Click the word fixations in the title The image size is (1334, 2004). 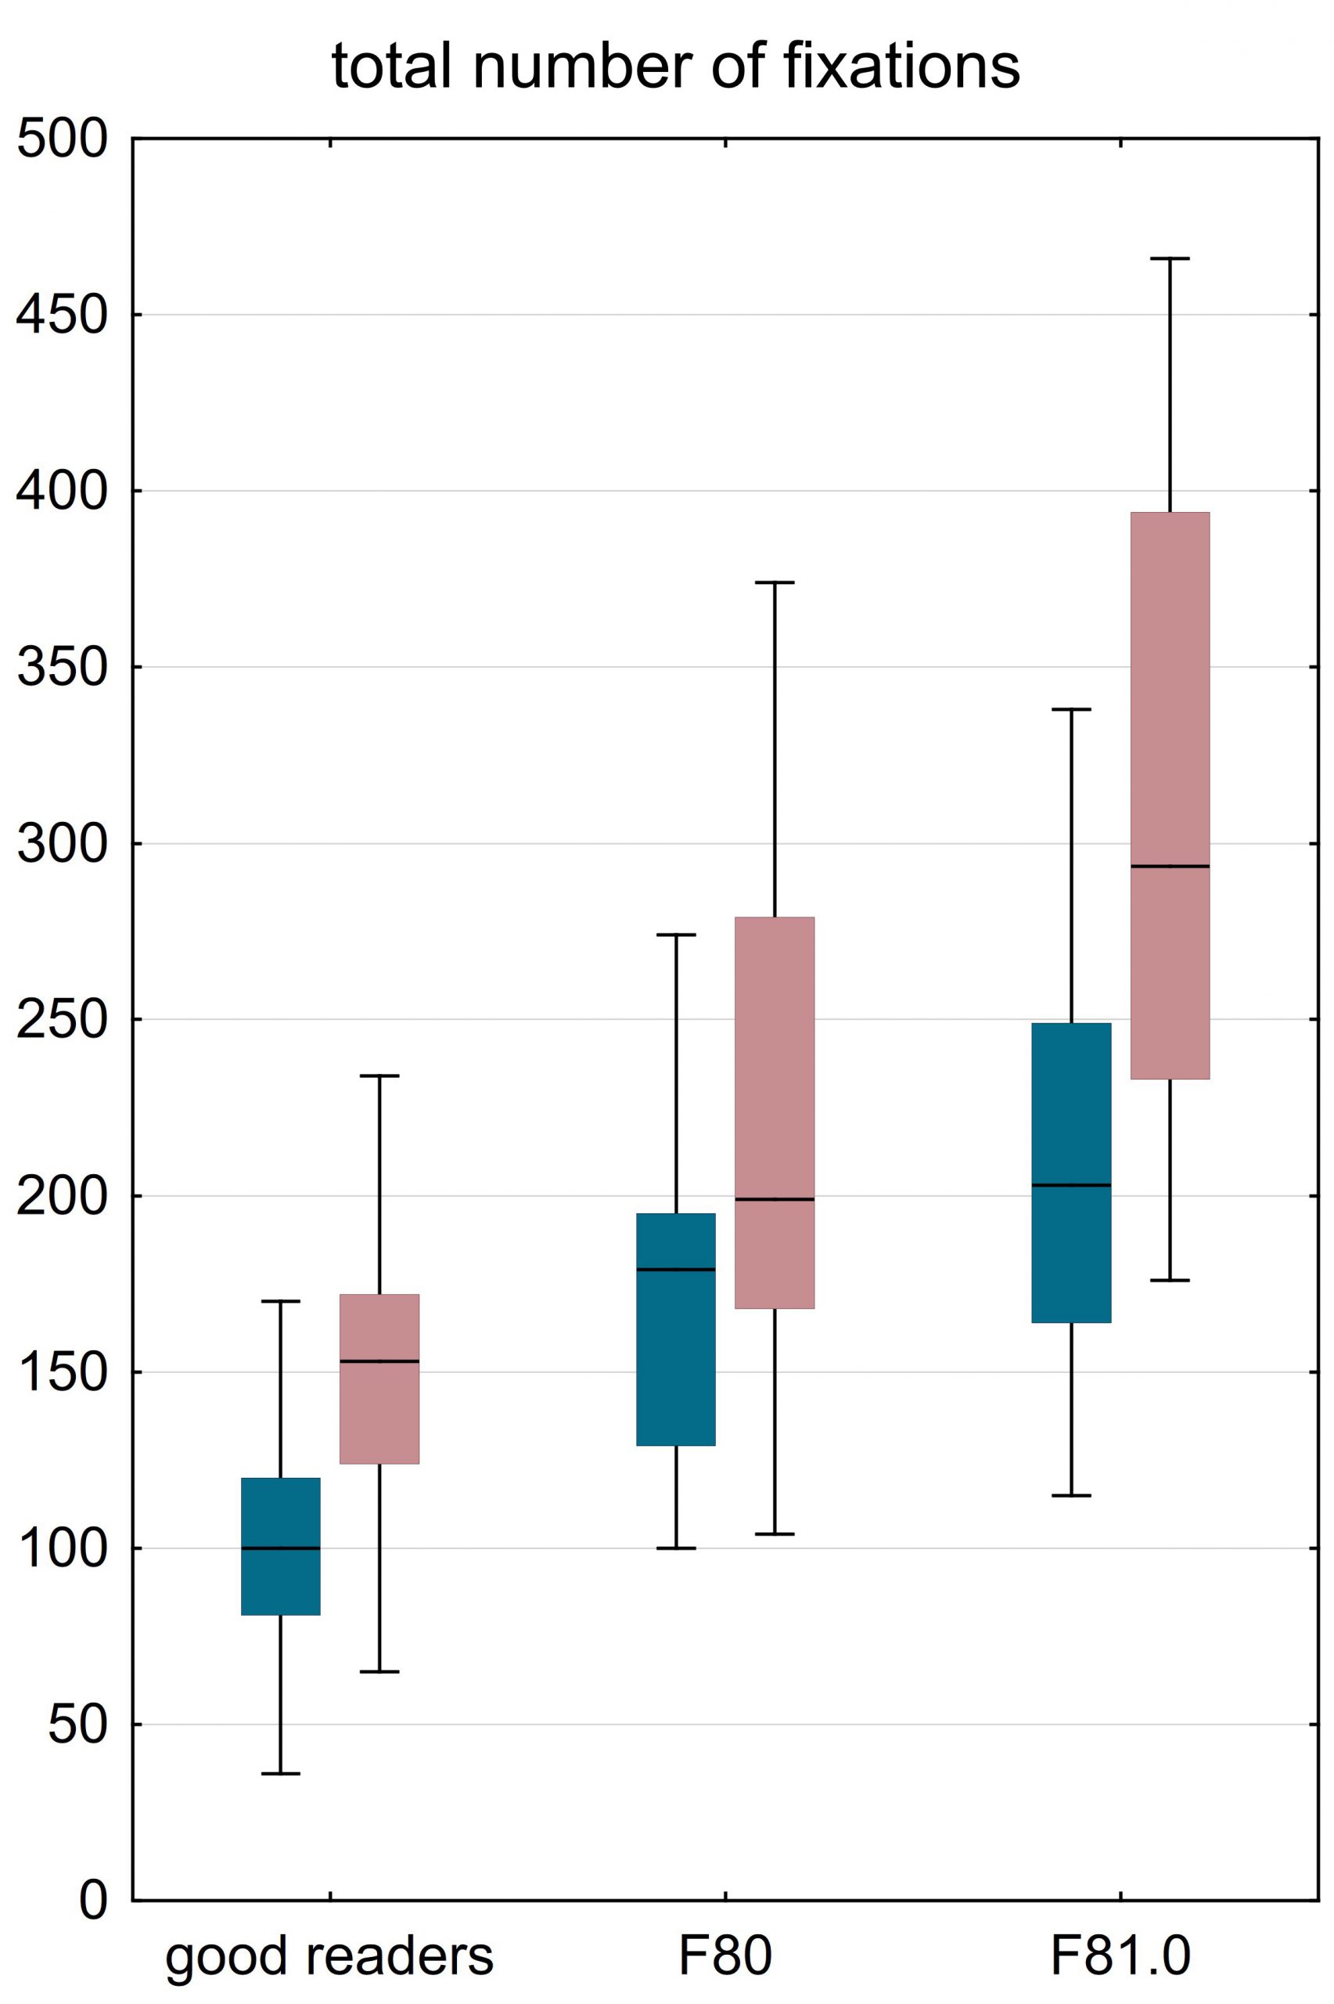coord(901,67)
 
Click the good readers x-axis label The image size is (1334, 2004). coord(329,1956)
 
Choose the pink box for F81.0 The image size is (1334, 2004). coord(1170,795)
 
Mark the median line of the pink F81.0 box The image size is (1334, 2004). coord(1170,867)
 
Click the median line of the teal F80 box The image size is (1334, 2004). coord(676,1270)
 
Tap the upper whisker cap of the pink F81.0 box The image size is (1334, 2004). coord(1170,258)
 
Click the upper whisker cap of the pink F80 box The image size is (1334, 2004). coord(775,583)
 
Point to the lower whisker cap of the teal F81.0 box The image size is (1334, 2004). coord(1071,1495)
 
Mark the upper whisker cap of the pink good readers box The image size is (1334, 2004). coord(379,1076)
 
